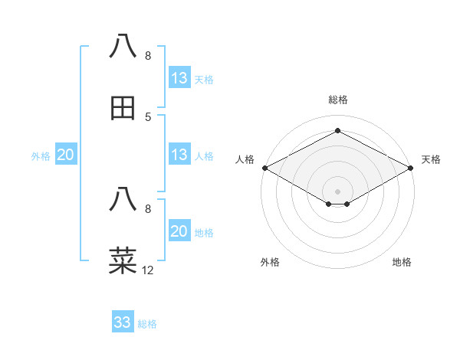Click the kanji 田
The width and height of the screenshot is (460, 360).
(x=123, y=108)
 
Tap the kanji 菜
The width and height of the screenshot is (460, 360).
(x=123, y=261)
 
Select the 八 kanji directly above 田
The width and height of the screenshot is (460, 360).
(x=123, y=47)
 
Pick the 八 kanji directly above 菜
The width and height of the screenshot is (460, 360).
(x=123, y=200)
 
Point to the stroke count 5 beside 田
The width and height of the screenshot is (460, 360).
(x=148, y=117)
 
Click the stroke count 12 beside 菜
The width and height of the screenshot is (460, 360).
(x=148, y=270)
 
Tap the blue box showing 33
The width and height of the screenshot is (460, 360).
(x=123, y=322)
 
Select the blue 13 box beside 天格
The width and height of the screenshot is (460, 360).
(x=179, y=78)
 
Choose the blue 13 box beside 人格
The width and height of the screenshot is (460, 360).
(x=179, y=155)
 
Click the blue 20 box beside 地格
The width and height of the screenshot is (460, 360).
(x=179, y=231)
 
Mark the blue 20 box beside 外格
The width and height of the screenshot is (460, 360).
(x=65, y=155)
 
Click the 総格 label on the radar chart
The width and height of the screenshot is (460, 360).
(x=337, y=100)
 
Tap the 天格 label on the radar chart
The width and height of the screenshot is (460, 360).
(x=431, y=159)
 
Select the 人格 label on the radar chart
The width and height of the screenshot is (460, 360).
(x=245, y=159)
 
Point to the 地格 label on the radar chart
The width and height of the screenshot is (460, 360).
(x=402, y=262)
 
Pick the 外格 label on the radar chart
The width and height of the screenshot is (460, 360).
(x=270, y=262)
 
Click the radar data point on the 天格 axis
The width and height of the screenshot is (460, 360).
(x=411, y=168)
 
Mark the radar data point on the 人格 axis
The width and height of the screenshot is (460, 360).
(x=264, y=168)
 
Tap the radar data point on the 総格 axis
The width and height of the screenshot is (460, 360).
(x=337, y=131)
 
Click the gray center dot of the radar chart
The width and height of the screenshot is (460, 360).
(x=337, y=191)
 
